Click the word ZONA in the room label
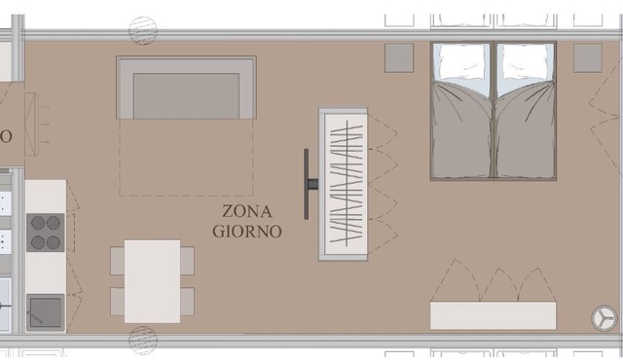point(246,211)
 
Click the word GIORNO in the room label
point(246,231)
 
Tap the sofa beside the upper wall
point(186,88)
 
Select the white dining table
point(152,281)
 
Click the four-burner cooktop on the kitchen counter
point(46,233)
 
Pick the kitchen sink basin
point(46,311)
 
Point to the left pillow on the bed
point(461,61)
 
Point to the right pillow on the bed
point(525,61)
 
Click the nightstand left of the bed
point(399,58)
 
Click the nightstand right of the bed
point(588,58)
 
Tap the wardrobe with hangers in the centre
point(343,184)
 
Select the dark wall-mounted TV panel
point(307,184)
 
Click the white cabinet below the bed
point(494,315)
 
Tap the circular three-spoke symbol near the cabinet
point(604,318)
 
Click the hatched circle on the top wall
point(143,30)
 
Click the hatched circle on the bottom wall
point(143,341)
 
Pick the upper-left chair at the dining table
point(118,261)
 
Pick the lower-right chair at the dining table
point(187,302)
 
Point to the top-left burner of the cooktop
point(38,223)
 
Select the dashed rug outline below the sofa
point(186,158)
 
